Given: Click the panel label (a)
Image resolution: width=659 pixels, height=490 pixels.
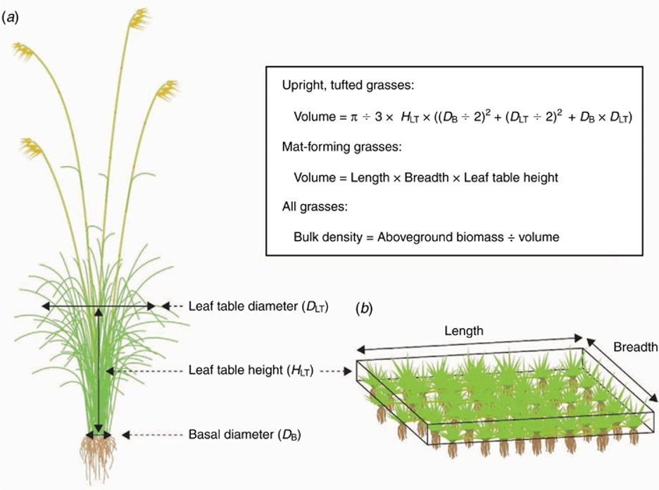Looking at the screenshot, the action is pyautogui.click(x=11, y=18).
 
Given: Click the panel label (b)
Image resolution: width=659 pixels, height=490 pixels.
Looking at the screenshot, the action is pyautogui.click(x=364, y=309).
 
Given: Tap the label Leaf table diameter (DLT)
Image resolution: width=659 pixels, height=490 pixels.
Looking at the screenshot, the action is pyautogui.click(x=258, y=306).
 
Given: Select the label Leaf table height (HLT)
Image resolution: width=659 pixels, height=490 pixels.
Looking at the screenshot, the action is pyautogui.click(x=251, y=370).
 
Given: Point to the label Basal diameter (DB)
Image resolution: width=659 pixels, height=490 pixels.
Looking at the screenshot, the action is pyautogui.click(x=244, y=434).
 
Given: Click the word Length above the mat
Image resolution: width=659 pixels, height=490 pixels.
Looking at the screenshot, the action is pyautogui.click(x=464, y=331).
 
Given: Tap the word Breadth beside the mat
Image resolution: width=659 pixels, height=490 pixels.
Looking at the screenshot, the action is pyautogui.click(x=636, y=346).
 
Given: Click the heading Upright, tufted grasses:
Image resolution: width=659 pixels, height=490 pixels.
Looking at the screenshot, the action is pyautogui.click(x=348, y=85).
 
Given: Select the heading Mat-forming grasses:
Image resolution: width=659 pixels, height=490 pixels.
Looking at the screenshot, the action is pyautogui.click(x=341, y=146).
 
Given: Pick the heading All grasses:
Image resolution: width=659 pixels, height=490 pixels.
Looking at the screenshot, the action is pyautogui.click(x=315, y=207).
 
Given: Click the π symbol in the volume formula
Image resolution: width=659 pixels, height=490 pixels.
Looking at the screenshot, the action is pyautogui.click(x=354, y=117).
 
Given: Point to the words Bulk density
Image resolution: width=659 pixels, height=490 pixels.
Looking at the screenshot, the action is pyautogui.click(x=328, y=237).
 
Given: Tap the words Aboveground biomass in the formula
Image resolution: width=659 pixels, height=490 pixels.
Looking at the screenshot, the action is pyautogui.click(x=441, y=237).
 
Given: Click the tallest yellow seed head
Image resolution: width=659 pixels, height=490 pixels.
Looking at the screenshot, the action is pyautogui.click(x=139, y=18).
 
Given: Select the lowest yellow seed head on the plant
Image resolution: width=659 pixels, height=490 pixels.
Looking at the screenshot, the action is pyautogui.click(x=32, y=148).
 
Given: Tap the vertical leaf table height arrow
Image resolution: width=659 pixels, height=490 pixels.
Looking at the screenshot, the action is pyautogui.click(x=99, y=370).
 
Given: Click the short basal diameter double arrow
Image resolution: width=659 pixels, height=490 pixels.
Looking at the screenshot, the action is pyautogui.click(x=99, y=435).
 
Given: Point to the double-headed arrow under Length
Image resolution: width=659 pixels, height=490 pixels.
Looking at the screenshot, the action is pyautogui.click(x=470, y=344).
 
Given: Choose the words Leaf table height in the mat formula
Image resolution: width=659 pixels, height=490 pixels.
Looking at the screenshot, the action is pyautogui.click(x=511, y=177).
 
